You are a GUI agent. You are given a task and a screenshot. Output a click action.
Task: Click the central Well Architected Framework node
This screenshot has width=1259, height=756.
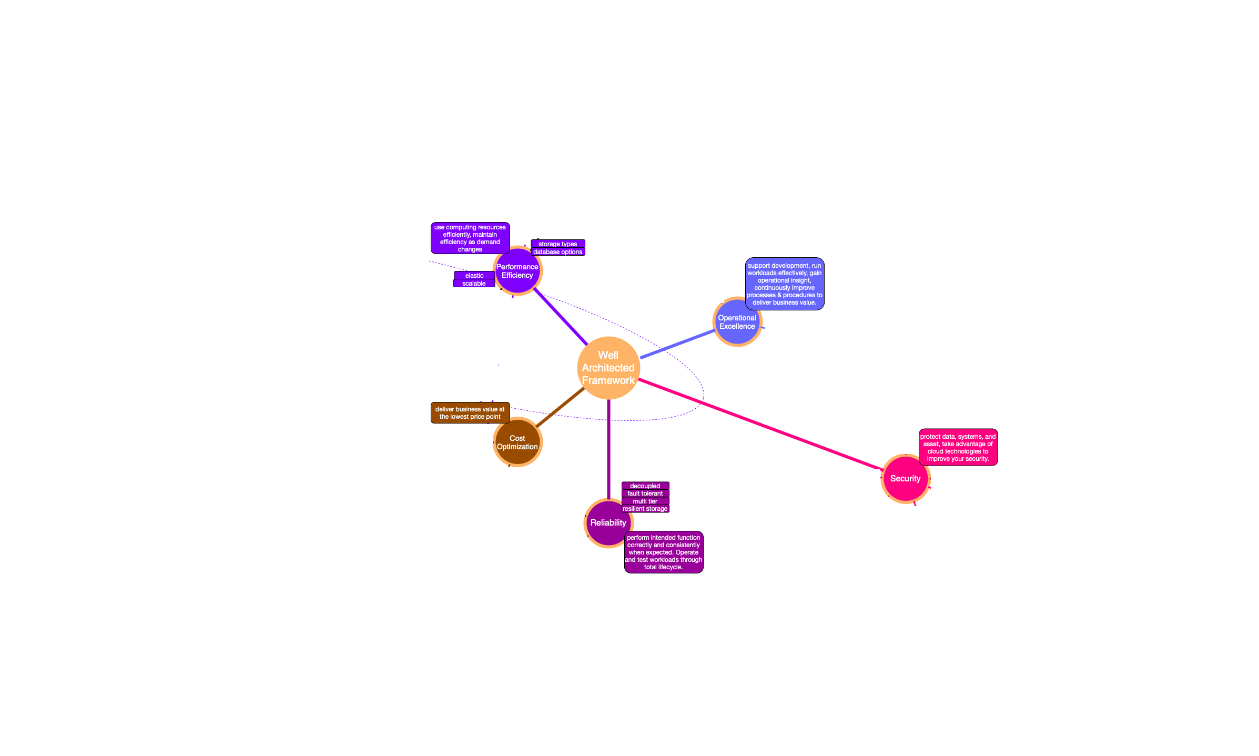[x=608, y=368]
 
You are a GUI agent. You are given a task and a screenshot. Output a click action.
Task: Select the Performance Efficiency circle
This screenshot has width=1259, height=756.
[x=517, y=271]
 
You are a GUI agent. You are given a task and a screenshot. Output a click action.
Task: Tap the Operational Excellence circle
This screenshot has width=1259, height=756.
[x=737, y=322]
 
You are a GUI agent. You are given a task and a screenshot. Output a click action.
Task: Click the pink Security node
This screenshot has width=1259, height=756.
[x=905, y=478]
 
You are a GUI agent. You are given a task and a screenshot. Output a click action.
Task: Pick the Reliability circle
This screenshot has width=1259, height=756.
[x=608, y=522]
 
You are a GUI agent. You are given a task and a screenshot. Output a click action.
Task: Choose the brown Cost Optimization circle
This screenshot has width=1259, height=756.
[x=517, y=442]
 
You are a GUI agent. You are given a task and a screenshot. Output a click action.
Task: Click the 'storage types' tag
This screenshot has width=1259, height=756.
[x=557, y=244]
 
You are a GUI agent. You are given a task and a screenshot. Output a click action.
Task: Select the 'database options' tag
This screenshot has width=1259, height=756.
[x=557, y=252]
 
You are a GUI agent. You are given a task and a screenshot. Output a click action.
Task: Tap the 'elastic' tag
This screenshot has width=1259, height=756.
[x=474, y=276]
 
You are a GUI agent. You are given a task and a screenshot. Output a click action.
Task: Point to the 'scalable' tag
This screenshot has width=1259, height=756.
[x=473, y=284]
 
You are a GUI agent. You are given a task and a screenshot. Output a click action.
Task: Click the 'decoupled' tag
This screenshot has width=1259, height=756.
[x=645, y=486]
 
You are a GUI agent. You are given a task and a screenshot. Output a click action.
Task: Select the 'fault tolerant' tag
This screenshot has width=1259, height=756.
[x=645, y=493]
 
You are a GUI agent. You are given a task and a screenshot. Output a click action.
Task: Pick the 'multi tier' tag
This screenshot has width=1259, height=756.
[x=645, y=501]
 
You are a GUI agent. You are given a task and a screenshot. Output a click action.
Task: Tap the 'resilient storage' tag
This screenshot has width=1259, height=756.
[x=645, y=509]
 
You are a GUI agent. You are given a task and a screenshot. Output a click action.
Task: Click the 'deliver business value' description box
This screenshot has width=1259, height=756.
[x=470, y=413]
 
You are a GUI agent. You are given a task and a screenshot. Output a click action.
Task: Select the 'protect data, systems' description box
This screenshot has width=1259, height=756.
[x=958, y=448]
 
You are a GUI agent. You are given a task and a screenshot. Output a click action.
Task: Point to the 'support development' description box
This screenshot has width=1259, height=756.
[x=784, y=284]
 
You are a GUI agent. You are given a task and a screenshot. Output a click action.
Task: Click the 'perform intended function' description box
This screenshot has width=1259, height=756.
[x=663, y=552]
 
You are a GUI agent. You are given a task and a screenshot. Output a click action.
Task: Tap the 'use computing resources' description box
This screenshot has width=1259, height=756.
[x=470, y=238]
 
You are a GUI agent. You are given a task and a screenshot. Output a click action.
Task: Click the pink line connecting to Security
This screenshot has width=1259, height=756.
[x=763, y=424]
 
